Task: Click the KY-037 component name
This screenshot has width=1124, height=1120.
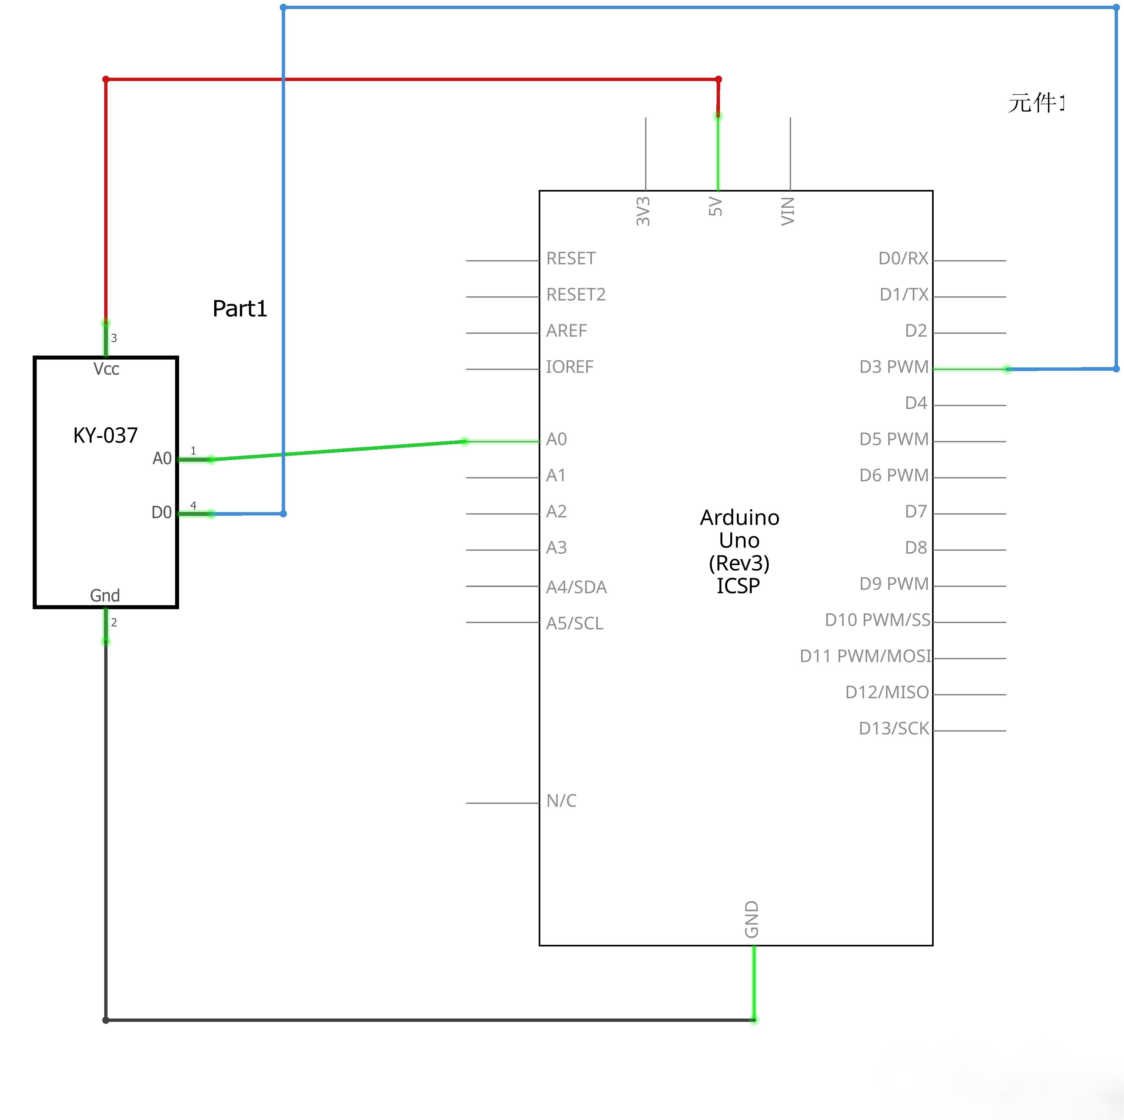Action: coord(105,435)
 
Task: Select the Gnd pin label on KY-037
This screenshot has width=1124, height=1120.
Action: coord(105,596)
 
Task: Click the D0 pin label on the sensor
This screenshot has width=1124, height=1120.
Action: coord(161,512)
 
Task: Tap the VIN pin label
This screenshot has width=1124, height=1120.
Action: coord(788,211)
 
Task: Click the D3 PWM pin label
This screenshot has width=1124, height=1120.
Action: coord(894,367)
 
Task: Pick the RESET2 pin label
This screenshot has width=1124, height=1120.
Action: coord(575,295)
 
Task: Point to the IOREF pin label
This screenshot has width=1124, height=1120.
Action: coord(569,367)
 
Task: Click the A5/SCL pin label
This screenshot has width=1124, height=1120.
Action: coord(574,623)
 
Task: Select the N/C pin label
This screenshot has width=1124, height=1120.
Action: coord(561,801)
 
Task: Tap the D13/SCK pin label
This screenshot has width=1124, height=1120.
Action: coord(894,729)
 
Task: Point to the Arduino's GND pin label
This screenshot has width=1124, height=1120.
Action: coord(752,919)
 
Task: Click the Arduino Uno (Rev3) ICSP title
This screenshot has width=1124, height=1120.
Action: coord(739,551)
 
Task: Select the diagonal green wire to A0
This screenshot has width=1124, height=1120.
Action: coord(337,451)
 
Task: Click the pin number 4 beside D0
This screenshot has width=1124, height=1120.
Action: coord(193,505)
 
